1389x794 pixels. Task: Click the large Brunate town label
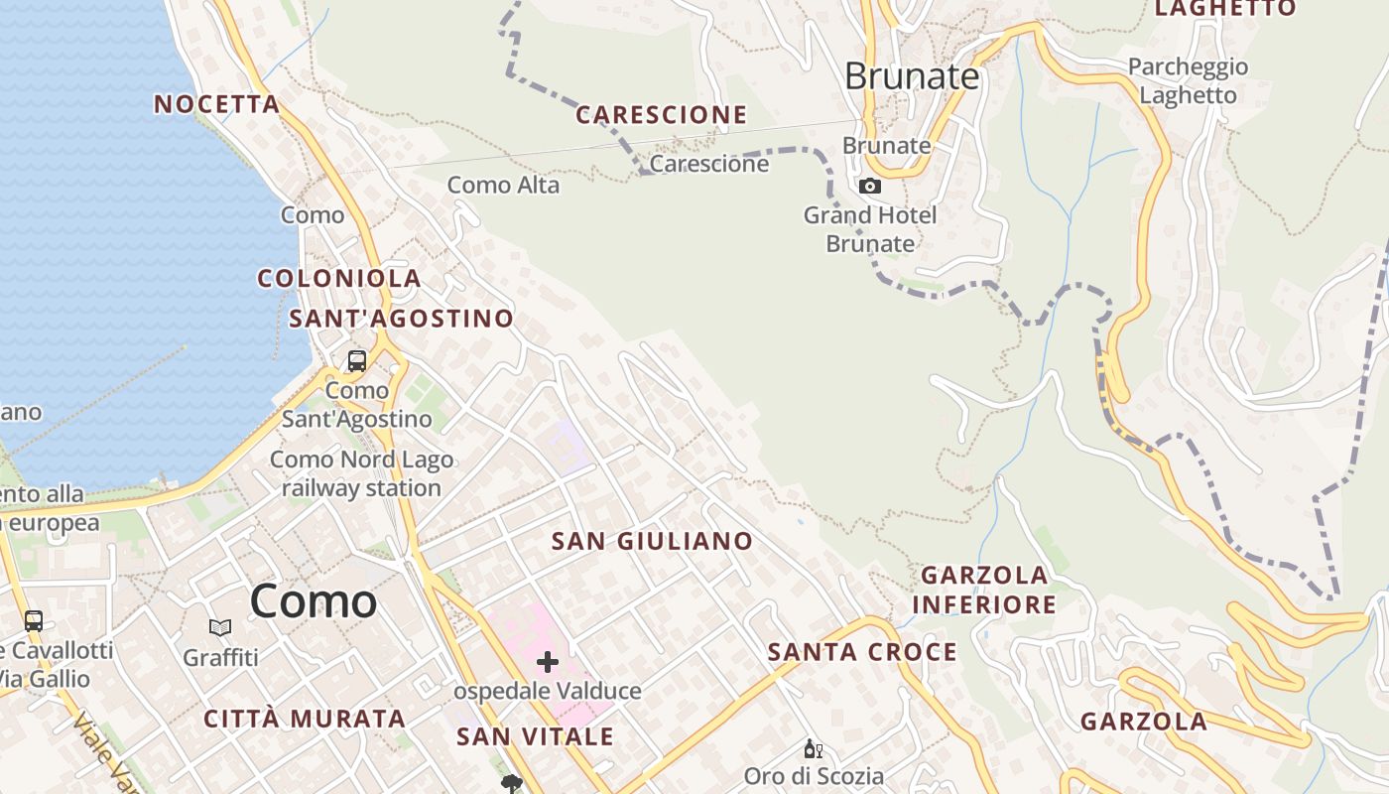pyautogui.click(x=912, y=76)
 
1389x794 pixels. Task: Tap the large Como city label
pyautogui.click(x=314, y=601)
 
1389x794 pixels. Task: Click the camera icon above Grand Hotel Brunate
pyautogui.click(x=870, y=186)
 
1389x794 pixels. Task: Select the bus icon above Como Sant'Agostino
pyautogui.click(x=357, y=361)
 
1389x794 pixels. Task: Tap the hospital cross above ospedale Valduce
pyautogui.click(x=548, y=662)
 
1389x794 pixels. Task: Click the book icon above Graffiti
pyautogui.click(x=220, y=627)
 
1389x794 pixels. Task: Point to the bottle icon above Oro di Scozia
pyautogui.click(x=813, y=749)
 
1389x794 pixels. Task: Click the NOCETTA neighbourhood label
pyautogui.click(x=217, y=104)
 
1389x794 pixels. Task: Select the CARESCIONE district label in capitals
pyautogui.click(x=662, y=115)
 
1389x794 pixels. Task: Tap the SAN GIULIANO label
pyautogui.click(x=653, y=541)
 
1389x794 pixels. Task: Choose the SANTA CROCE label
pyautogui.click(x=863, y=652)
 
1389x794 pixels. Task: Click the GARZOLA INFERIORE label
pyautogui.click(x=984, y=590)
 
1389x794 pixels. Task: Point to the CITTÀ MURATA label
pyautogui.click(x=305, y=719)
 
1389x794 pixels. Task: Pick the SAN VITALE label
pyautogui.click(x=536, y=736)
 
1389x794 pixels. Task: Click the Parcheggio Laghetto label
pyautogui.click(x=1189, y=81)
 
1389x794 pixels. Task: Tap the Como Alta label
pyautogui.click(x=503, y=185)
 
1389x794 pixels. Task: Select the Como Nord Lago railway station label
pyautogui.click(x=362, y=474)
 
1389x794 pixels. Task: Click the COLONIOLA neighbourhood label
pyautogui.click(x=339, y=278)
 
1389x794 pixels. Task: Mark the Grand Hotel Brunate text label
pyautogui.click(x=870, y=229)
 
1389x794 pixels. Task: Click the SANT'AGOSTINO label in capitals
pyautogui.click(x=402, y=319)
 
